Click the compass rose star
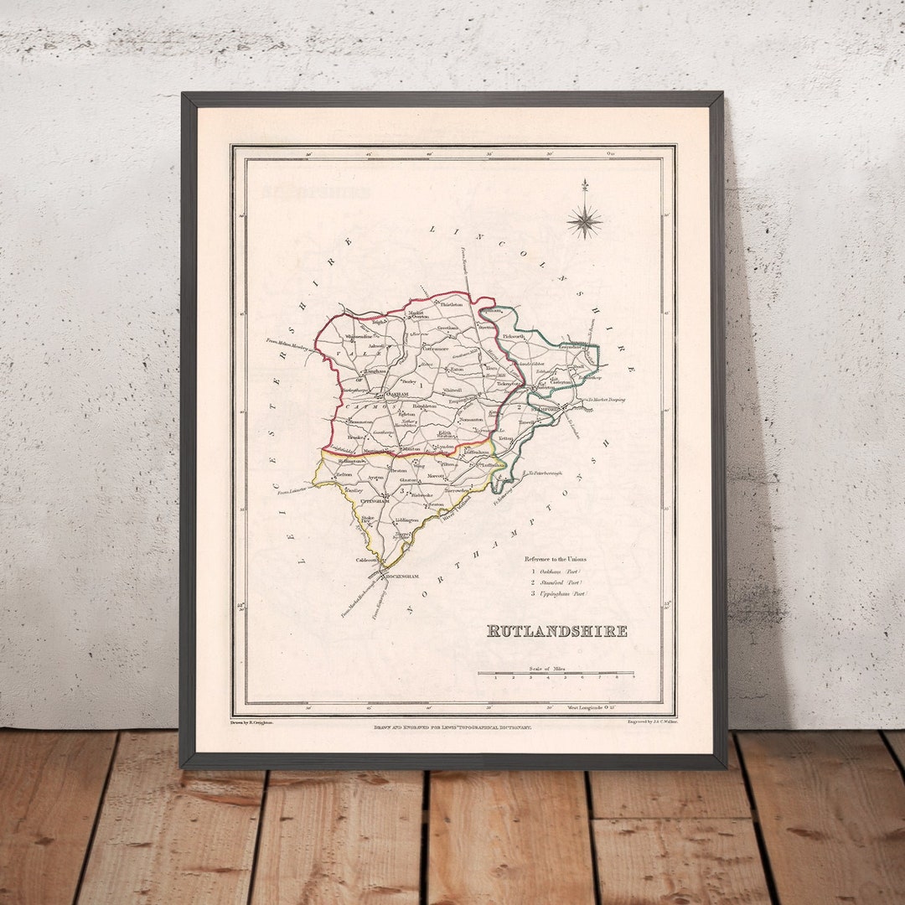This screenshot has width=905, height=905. [x=584, y=221]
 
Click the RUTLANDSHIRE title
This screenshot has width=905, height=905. [x=556, y=631]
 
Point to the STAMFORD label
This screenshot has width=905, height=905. [x=549, y=408]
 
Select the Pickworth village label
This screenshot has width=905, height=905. [x=514, y=336]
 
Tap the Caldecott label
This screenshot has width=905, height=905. [x=367, y=559]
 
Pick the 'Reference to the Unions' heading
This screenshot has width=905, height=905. [x=556, y=559]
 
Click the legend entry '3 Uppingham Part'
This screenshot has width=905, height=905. [x=556, y=593]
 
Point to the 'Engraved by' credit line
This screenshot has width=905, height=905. [x=652, y=720]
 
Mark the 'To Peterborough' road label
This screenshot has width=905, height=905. [x=545, y=473]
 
